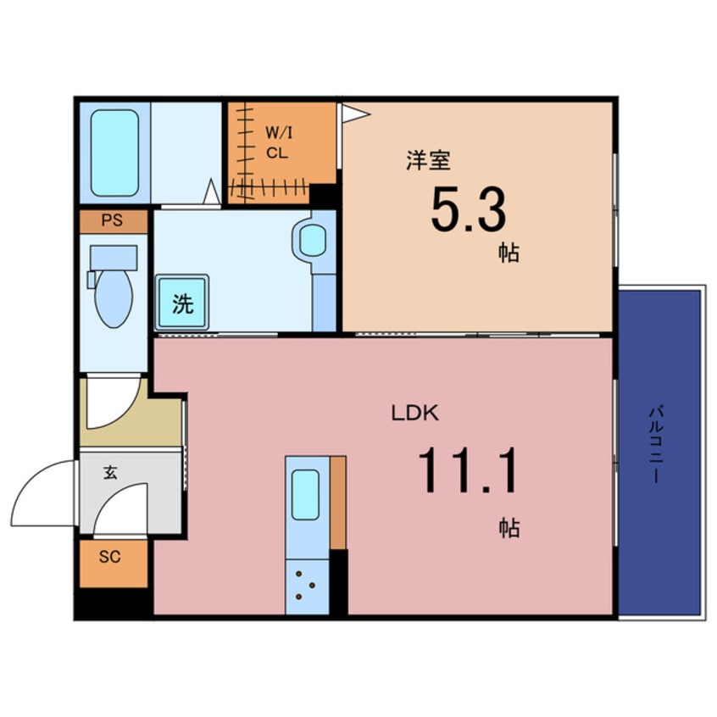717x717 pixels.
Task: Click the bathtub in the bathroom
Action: [x=114, y=153]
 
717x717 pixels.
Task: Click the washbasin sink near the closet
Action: [x=313, y=241]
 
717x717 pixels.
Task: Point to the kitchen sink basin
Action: [x=305, y=494]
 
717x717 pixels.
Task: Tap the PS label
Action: [x=112, y=221]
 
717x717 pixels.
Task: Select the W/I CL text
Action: [x=278, y=142]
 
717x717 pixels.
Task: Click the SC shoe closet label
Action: [x=109, y=557]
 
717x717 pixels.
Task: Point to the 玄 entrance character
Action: [x=110, y=472]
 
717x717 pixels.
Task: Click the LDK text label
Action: [x=414, y=414]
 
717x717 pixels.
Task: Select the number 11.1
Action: [x=467, y=471]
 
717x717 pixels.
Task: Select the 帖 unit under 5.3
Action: [x=509, y=253]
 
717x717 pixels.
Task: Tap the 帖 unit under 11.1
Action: [x=509, y=528]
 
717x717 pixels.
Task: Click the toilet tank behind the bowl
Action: [x=113, y=257]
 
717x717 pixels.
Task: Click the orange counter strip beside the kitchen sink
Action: [x=338, y=502]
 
